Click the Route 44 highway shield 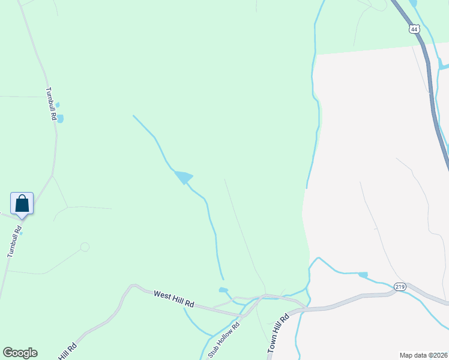point(414,28)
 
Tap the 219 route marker point(400,287)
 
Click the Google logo point(20,353)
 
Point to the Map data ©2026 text point(423,355)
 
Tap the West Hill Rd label point(174,299)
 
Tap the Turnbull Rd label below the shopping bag point(13,241)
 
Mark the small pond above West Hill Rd point(223,290)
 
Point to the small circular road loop point(85,247)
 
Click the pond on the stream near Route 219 point(363,275)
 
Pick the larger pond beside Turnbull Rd point(60,119)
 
